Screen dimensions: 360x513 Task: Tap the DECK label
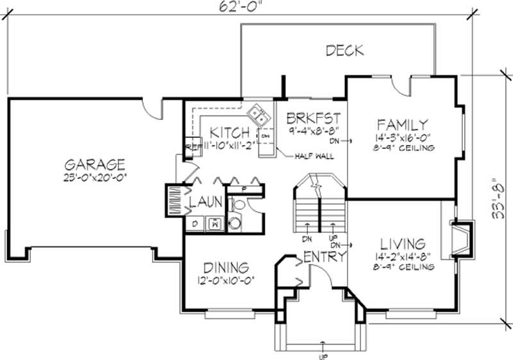click(x=344, y=51)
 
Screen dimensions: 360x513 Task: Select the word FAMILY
click(x=402, y=124)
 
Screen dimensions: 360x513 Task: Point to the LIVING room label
click(x=402, y=244)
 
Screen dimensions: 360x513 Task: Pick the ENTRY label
click(x=325, y=257)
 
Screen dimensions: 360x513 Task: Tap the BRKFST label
click(x=312, y=118)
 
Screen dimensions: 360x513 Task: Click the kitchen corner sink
click(x=259, y=116)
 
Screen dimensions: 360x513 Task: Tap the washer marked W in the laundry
click(x=215, y=224)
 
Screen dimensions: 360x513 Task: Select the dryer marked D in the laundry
click(x=195, y=224)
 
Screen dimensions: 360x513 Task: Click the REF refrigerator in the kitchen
click(x=190, y=146)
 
